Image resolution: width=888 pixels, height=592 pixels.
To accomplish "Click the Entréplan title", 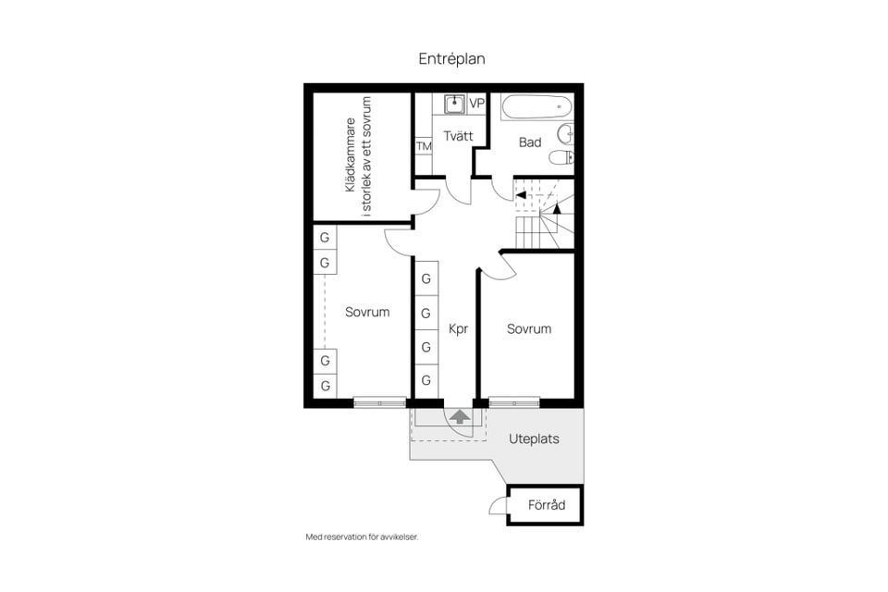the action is point(451,59).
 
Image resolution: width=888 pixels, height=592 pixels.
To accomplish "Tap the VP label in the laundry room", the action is point(477,104).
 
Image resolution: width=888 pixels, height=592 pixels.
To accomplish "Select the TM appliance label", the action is point(424,146).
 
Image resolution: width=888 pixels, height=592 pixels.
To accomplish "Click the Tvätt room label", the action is point(458,136).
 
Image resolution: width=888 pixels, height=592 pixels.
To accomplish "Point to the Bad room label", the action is point(530,142).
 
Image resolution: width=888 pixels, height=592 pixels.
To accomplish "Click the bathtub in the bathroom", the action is point(536,106).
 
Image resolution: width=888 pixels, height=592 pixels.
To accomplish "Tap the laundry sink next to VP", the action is point(454,105).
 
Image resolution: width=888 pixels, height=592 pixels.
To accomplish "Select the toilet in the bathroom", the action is point(561,157).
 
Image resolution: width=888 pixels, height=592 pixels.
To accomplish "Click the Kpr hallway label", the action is point(458,328).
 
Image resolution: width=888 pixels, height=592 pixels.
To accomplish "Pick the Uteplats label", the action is point(534,439).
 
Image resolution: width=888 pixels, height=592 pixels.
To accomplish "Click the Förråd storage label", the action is point(547,505).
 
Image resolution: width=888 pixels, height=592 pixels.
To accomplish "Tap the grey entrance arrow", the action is point(460,417).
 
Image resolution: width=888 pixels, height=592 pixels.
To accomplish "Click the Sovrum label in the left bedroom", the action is point(367,312).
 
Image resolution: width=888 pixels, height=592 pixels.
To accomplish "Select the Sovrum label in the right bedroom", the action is point(529,329).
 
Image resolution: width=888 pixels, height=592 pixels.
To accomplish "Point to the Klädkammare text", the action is point(351,154).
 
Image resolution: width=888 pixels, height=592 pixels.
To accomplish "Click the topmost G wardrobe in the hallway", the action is point(425,278).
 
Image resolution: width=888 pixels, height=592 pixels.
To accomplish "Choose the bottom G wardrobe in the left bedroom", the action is point(325,386).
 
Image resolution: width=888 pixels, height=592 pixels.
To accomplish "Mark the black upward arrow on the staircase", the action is point(557,208).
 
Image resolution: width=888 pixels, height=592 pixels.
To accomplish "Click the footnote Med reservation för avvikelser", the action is point(362,537).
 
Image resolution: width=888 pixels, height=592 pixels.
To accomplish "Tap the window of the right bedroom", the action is point(514,402).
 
